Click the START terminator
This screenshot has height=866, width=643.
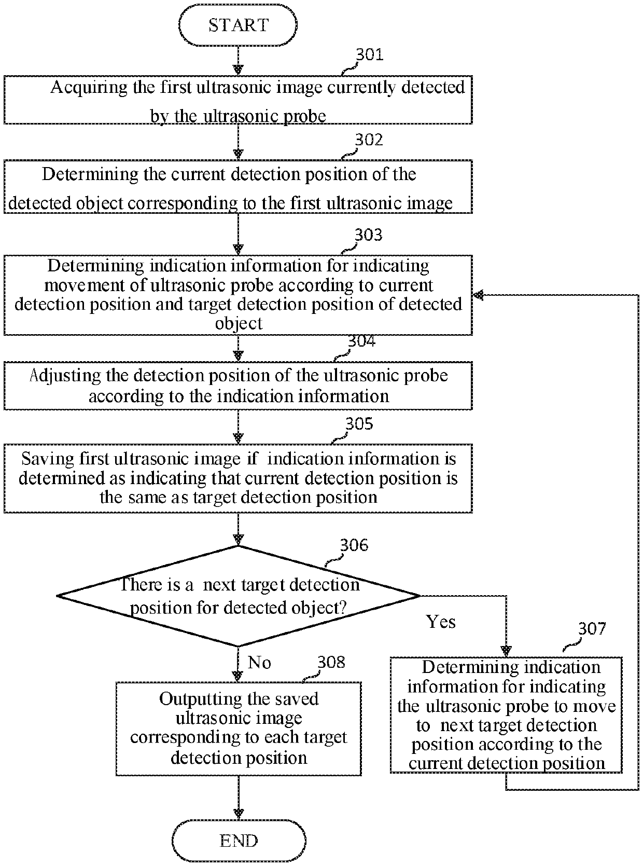[237, 25]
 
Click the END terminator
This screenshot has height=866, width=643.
[239, 840]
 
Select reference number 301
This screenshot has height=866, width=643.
[370, 54]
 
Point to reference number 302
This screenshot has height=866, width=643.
[369, 140]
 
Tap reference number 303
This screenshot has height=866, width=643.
[368, 235]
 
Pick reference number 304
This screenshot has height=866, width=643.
[361, 341]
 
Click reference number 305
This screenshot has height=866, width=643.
[359, 423]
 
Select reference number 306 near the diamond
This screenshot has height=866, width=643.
[354, 545]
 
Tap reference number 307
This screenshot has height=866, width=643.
[592, 628]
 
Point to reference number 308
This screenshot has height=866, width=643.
[331, 662]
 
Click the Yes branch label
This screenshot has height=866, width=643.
[440, 622]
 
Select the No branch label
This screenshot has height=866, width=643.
[259, 663]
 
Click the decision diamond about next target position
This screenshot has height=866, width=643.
[239, 596]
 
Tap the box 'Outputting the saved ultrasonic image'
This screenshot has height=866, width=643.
[239, 728]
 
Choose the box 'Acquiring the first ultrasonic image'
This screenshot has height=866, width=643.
[238, 100]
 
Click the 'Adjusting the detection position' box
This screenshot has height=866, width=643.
[238, 386]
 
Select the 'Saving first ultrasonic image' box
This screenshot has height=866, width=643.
[238, 478]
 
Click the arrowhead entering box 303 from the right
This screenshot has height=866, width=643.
[478, 295]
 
